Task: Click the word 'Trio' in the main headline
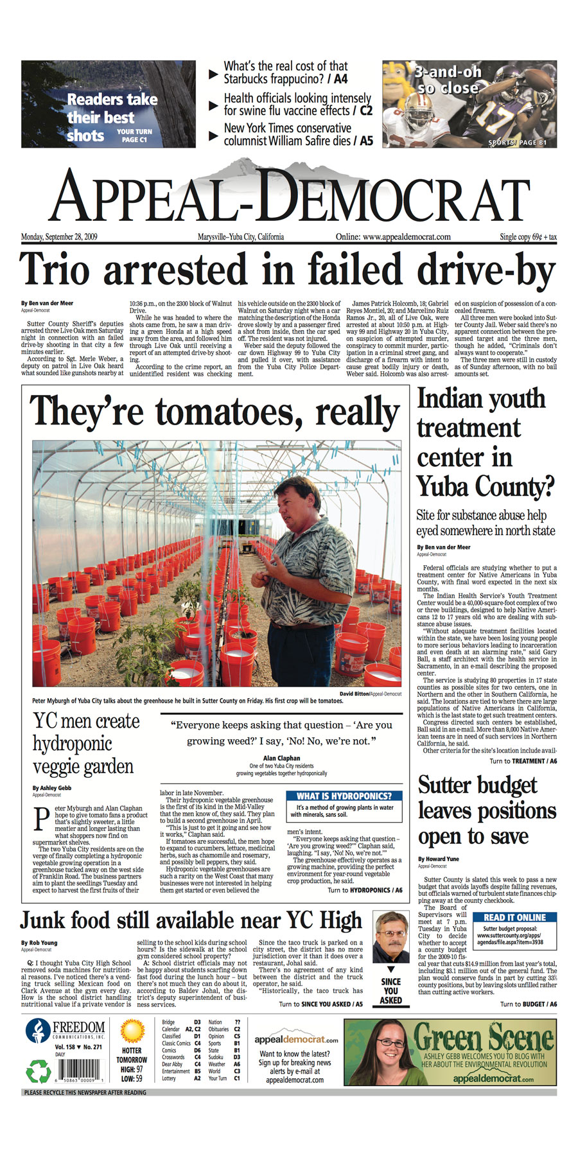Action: point(54,270)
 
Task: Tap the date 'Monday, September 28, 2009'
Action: point(59,237)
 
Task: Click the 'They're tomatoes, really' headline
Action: point(215,412)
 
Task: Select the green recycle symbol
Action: point(38,1071)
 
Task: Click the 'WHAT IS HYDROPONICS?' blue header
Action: point(344,796)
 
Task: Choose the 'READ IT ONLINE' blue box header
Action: point(514,918)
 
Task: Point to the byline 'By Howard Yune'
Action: point(440,859)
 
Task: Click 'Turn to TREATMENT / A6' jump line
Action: point(523,761)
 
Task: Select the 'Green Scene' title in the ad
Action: point(482,1038)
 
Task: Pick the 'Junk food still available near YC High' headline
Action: point(191,920)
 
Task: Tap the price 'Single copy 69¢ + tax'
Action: point(528,237)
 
